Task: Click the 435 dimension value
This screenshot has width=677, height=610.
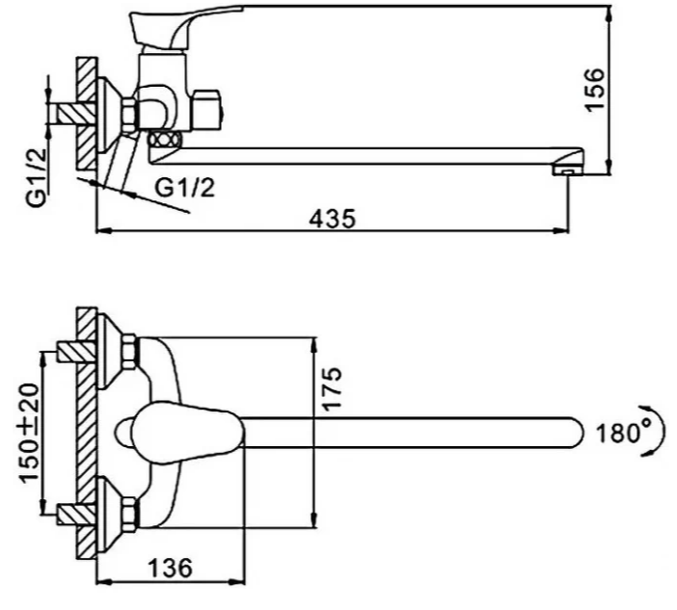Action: (x=332, y=219)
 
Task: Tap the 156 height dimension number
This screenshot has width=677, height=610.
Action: (x=594, y=90)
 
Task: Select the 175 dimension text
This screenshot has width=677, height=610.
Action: (x=332, y=388)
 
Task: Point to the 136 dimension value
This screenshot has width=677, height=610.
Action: (x=170, y=568)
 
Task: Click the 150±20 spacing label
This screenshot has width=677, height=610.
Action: (x=29, y=433)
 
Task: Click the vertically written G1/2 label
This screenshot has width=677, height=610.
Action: (x=37, y=177)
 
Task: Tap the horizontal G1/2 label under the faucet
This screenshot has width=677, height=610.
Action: (x=185, y=188)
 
